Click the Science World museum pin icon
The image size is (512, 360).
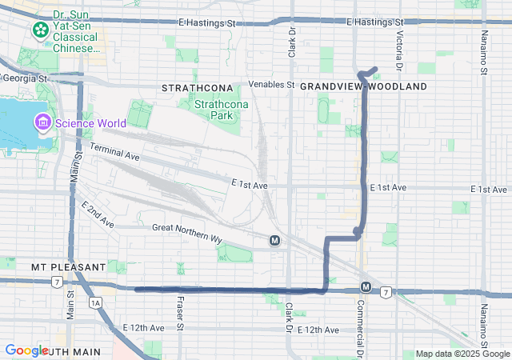tap(42, 123)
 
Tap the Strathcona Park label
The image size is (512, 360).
tap(214, 110)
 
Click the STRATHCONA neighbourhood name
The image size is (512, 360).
tap(197, 86)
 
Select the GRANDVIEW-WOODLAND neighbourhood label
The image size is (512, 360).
tap(363, 86)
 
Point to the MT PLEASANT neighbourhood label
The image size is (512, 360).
tap(68, 266)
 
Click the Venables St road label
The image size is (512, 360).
tap(272, 84)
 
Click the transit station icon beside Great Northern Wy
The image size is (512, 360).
tap(274, 240)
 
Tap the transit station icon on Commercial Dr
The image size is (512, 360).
tap(365, 286)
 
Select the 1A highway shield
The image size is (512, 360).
tap(97, 302)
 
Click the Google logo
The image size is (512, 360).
tap(26, 350)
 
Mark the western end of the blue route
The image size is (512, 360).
tap(137, 290)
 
